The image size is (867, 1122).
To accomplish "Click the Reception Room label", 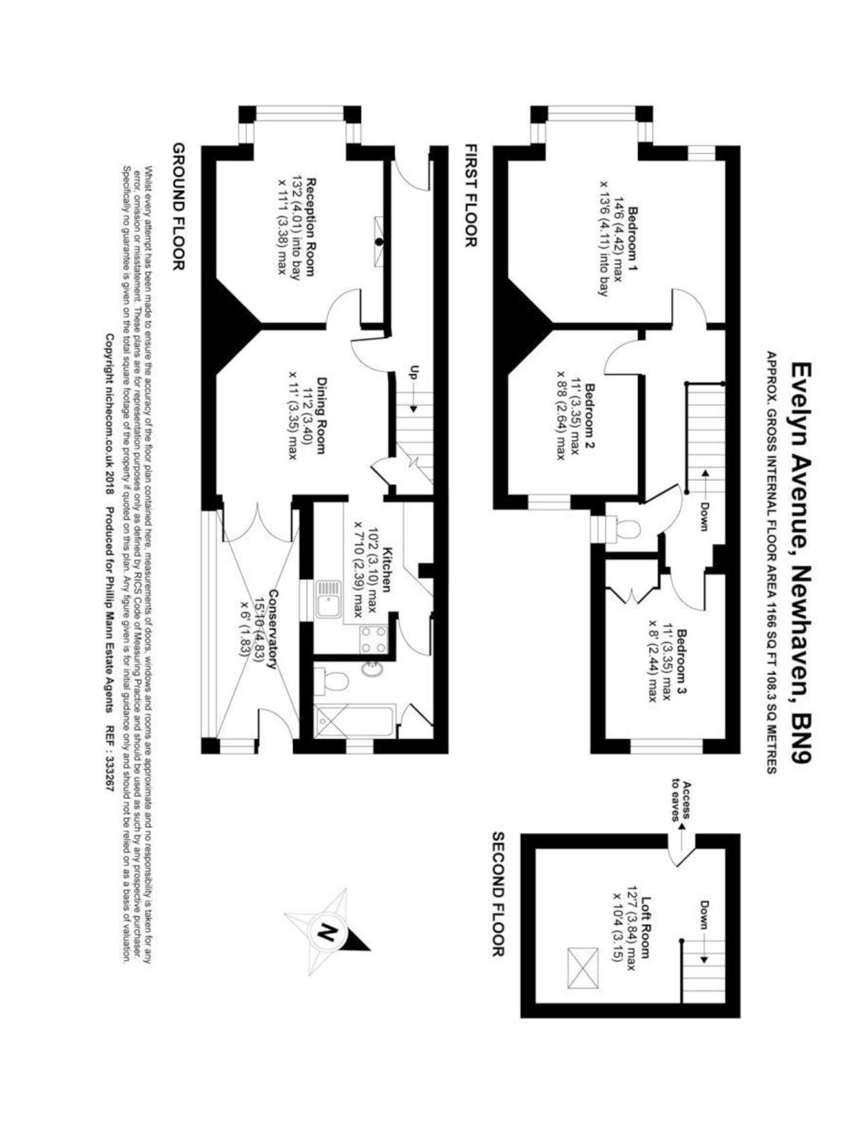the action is pyautogui.click(x=311, y=226).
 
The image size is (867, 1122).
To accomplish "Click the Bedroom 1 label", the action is pyautogui.click(x=633, y=237).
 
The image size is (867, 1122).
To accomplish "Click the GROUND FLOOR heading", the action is pyautogui.click(x=179, y=206).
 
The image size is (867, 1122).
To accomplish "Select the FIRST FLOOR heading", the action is pyautogui.click(x=470, y=195).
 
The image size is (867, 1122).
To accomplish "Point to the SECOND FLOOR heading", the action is pyautogui.click(x=497, y=894).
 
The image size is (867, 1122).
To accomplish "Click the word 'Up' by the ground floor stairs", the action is pyautogui.click(x=413, y=373).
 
